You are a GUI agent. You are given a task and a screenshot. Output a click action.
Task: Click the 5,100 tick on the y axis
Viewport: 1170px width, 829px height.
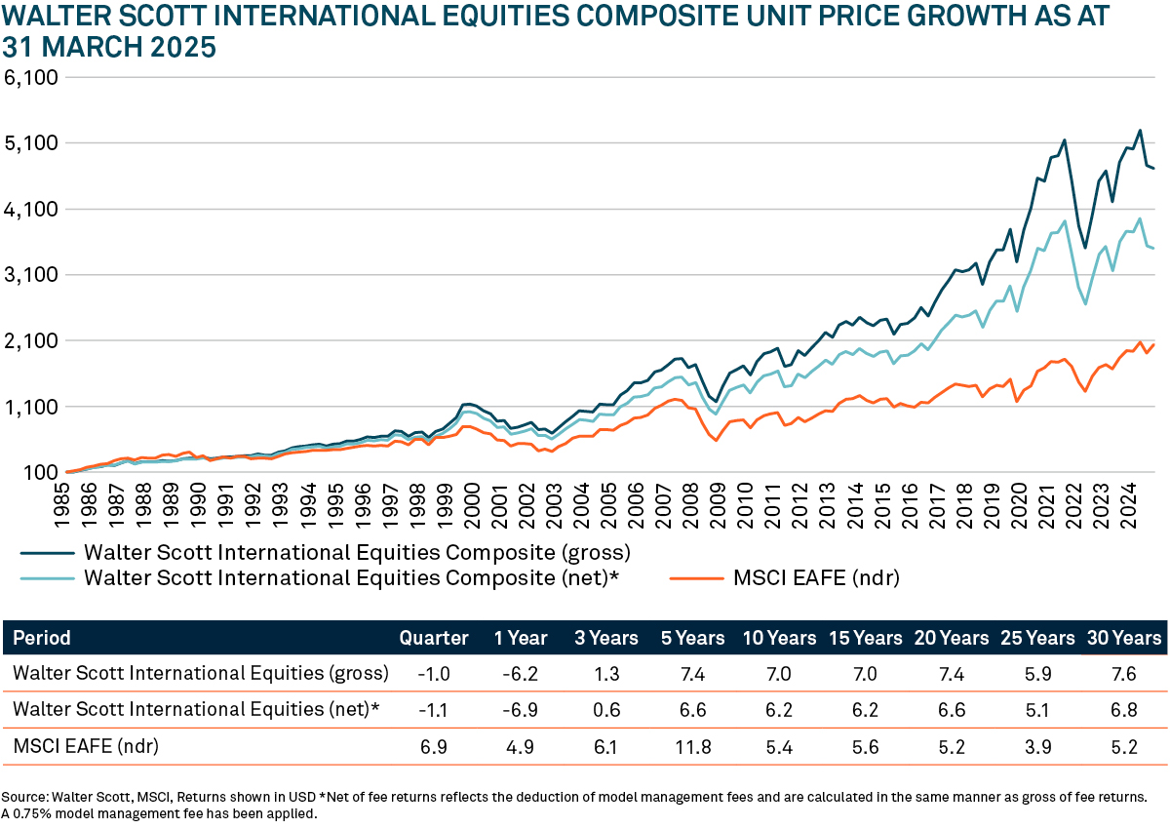pyautogui.click(x=32, y=143)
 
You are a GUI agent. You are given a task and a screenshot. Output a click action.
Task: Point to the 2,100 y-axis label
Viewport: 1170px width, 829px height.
pyautogui.click(x=32, y=341)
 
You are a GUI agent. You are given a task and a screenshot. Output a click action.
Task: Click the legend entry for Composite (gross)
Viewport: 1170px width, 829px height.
pyautogui.click(x=358, y=553)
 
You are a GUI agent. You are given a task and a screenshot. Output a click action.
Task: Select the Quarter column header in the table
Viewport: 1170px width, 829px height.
pyautogui.click(x=434, y=639)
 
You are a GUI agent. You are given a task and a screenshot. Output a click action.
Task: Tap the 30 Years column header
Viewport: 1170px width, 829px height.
pyautogui.click(x=1124, y=639)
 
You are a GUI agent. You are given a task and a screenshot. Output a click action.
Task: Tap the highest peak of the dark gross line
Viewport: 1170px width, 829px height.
pyautogui.click(x=1139, y=130)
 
